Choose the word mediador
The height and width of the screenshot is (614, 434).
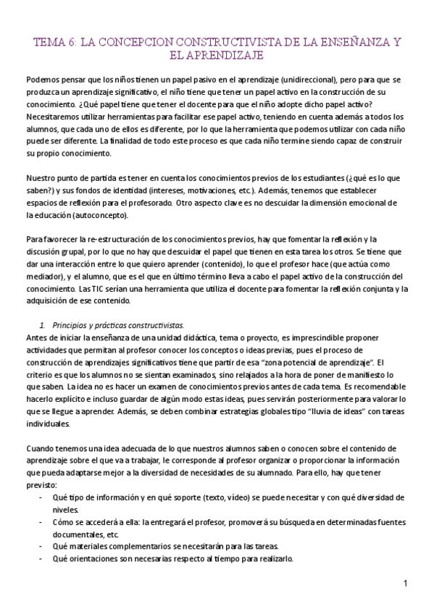click(44, 277)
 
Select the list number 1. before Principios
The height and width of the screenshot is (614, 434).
click(42, 324)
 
